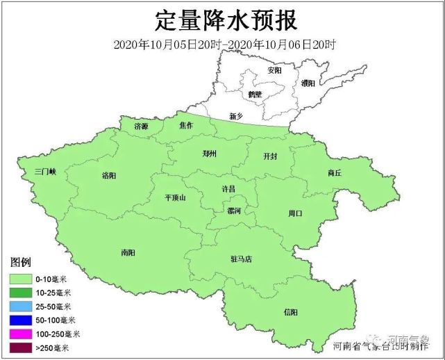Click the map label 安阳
click(274, 71)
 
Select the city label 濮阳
click(308, 83)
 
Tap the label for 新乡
click(237, 116)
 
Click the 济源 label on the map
click(141, 126)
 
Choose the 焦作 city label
click(186, 126)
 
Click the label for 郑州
click(209, 154)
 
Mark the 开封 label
click(269, 156)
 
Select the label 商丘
click(334, 173)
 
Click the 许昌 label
click(228, 188)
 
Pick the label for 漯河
click(234, 211)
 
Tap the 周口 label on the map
click(294, 213)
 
